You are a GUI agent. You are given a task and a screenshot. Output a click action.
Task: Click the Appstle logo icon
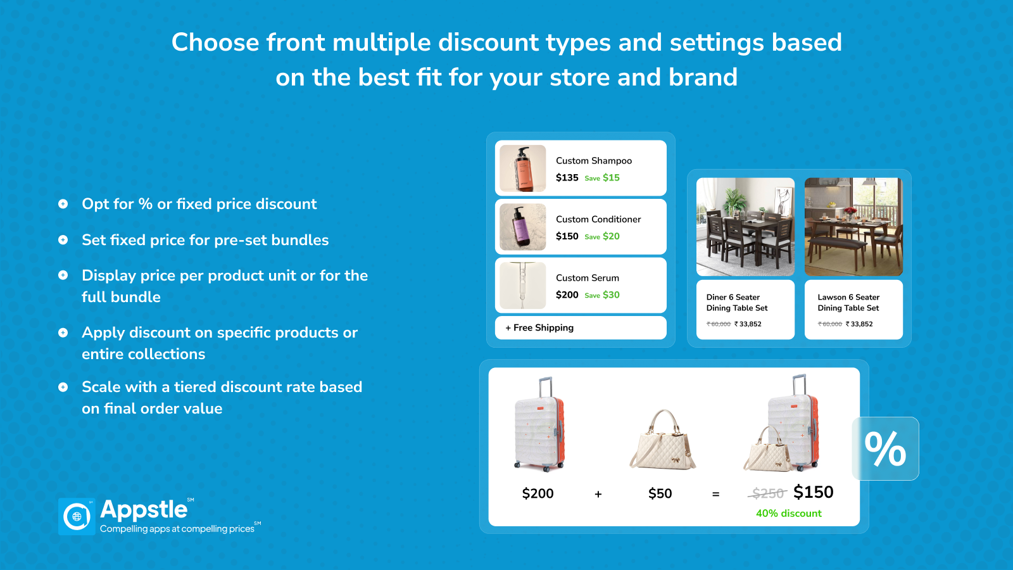tap(77, 516)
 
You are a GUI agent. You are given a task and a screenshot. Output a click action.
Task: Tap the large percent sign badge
tap(885, 448)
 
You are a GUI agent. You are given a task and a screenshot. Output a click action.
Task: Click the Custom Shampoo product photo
tap(522, 168)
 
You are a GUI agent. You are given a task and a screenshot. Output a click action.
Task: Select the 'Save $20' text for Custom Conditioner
tap(602, 236)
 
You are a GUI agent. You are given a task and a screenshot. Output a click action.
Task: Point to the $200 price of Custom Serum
tap(567, 294)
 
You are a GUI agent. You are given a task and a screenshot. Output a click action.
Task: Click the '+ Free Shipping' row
tap(581, 327)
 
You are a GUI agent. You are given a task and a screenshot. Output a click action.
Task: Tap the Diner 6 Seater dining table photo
tap(745, 226)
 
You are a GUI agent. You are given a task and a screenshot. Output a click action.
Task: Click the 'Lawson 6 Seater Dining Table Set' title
tap(848, 303)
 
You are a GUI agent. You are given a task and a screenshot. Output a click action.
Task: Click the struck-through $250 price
tap(768, 493)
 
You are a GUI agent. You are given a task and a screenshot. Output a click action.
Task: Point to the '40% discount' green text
tap(788, 514)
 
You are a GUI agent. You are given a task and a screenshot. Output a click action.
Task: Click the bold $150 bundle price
tap(813, 492)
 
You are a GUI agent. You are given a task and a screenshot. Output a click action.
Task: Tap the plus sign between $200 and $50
tap(598, 494)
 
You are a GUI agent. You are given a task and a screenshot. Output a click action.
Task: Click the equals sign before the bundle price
tap(715, 494)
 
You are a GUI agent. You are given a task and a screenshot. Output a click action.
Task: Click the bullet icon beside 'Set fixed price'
tap(63, 240)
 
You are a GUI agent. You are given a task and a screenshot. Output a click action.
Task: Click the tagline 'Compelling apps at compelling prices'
tap(177, 529)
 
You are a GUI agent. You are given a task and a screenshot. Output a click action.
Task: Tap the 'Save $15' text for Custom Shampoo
tap(602, 178)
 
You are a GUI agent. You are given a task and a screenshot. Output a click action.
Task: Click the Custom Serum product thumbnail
tap(522, 286)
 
